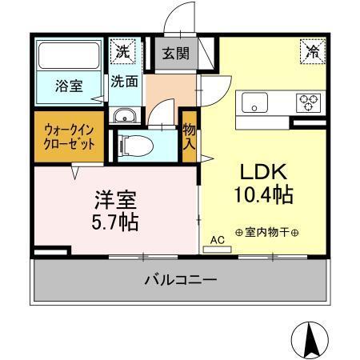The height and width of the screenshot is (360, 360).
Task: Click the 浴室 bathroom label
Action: pyautogui.click(x=69, y=86)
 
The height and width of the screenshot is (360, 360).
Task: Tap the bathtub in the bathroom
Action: pyautogui.click(x=70, y=57)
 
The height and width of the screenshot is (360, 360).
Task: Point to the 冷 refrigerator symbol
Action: pyautogui.click(x=311, y=51)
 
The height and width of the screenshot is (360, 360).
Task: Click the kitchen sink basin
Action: pyautogui.click(x=256, y=102)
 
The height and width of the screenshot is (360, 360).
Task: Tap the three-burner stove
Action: pyautogui.click(x=308, y=102)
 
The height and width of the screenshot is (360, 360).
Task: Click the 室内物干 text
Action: pyautogui.click(x=267, y=233)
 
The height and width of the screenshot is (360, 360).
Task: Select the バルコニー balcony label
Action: pyautogui.click(x=181, y=281)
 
